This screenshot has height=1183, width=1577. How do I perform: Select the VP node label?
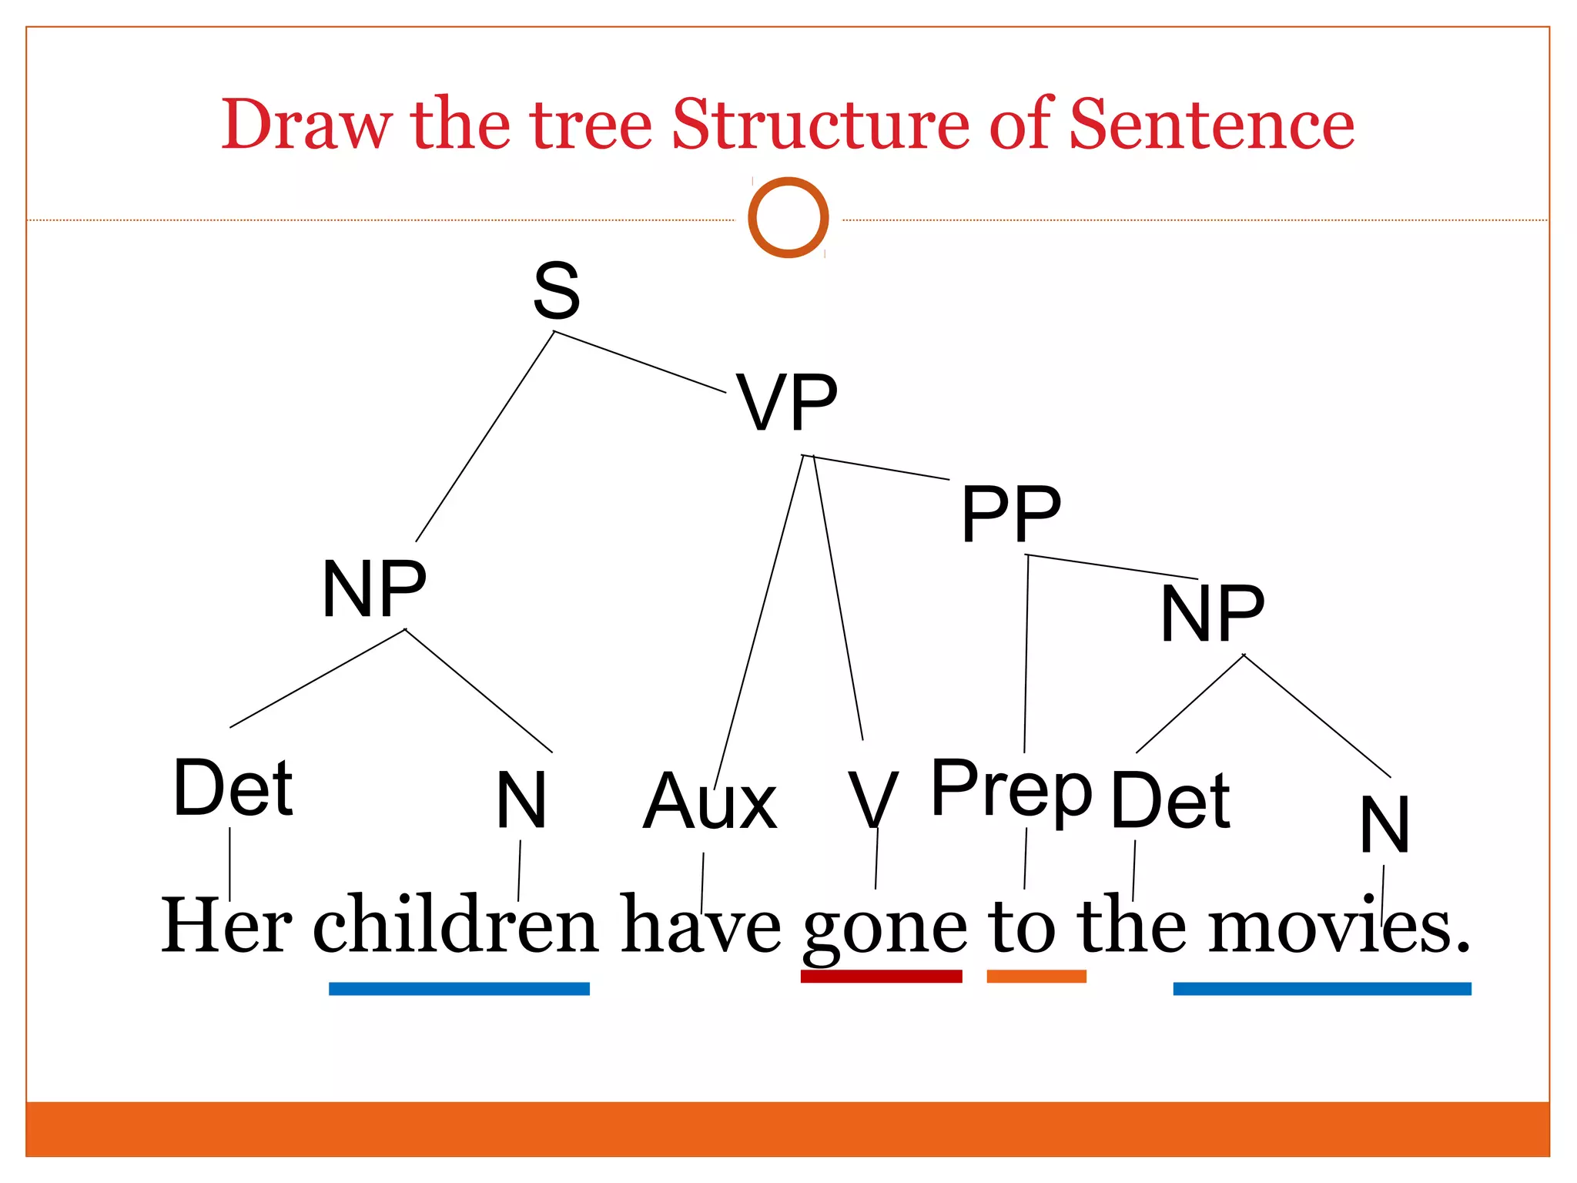(786, 402)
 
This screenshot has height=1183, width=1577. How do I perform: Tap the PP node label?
(1010, 513)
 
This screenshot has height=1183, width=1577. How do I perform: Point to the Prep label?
(1011, 790)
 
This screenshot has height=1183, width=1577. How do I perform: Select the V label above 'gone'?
(872, 801)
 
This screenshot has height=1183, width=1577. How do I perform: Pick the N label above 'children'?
(521, 801)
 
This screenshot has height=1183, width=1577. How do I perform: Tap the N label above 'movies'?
(1384, 825)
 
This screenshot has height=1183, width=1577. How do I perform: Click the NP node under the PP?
(1212, 613)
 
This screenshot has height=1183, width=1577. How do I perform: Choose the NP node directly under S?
(374, 589)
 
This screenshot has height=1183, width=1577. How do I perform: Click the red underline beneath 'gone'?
(881, 976)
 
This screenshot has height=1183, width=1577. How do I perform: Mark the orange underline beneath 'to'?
(1036, 976)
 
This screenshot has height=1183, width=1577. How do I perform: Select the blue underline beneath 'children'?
(459, 988)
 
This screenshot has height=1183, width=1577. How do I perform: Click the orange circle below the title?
(788, 217)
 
